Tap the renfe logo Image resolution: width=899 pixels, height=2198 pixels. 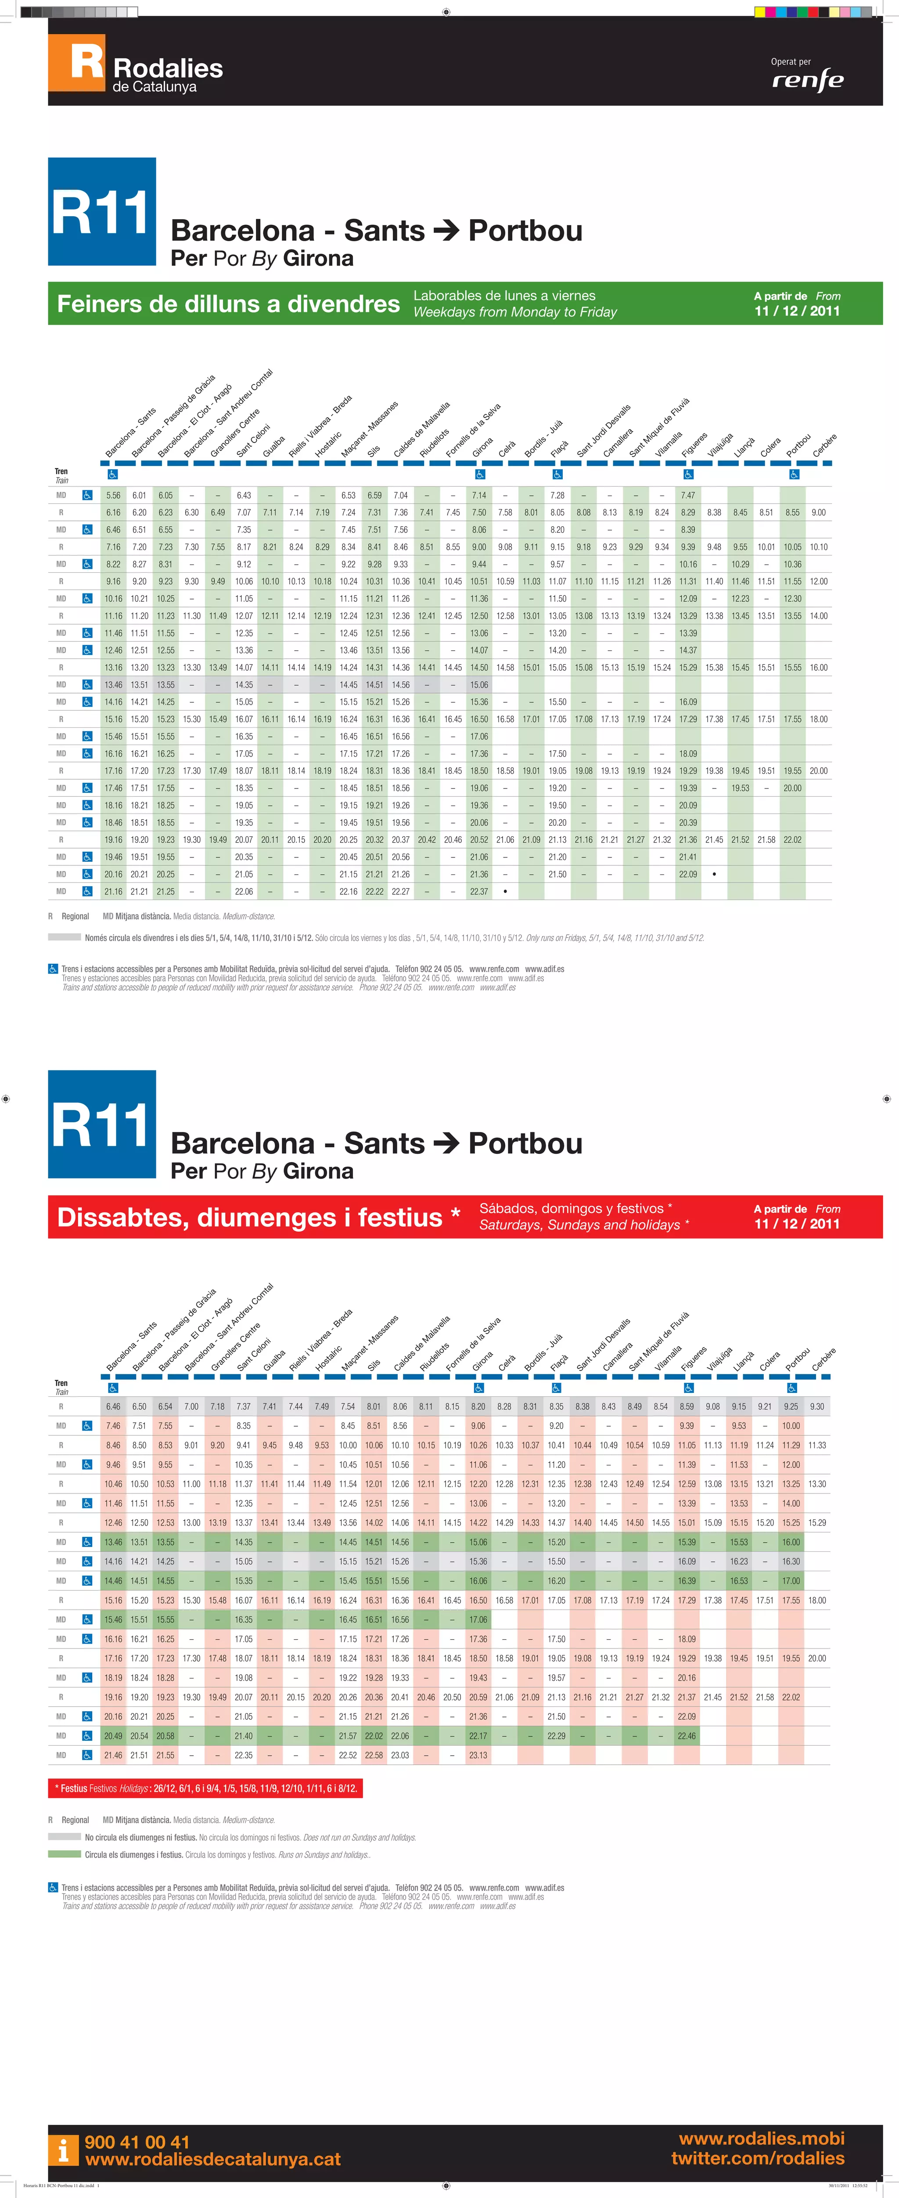click(807, 80)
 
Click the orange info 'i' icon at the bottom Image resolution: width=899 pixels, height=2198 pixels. click(63, 2150)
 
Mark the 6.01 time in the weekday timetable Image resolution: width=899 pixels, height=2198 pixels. click(139, 495)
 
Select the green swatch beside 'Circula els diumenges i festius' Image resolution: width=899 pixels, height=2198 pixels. click(65, 1854)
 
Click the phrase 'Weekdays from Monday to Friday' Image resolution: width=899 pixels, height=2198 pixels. click(515, 312)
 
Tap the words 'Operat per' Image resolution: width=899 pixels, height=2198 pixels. click(791, 61)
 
